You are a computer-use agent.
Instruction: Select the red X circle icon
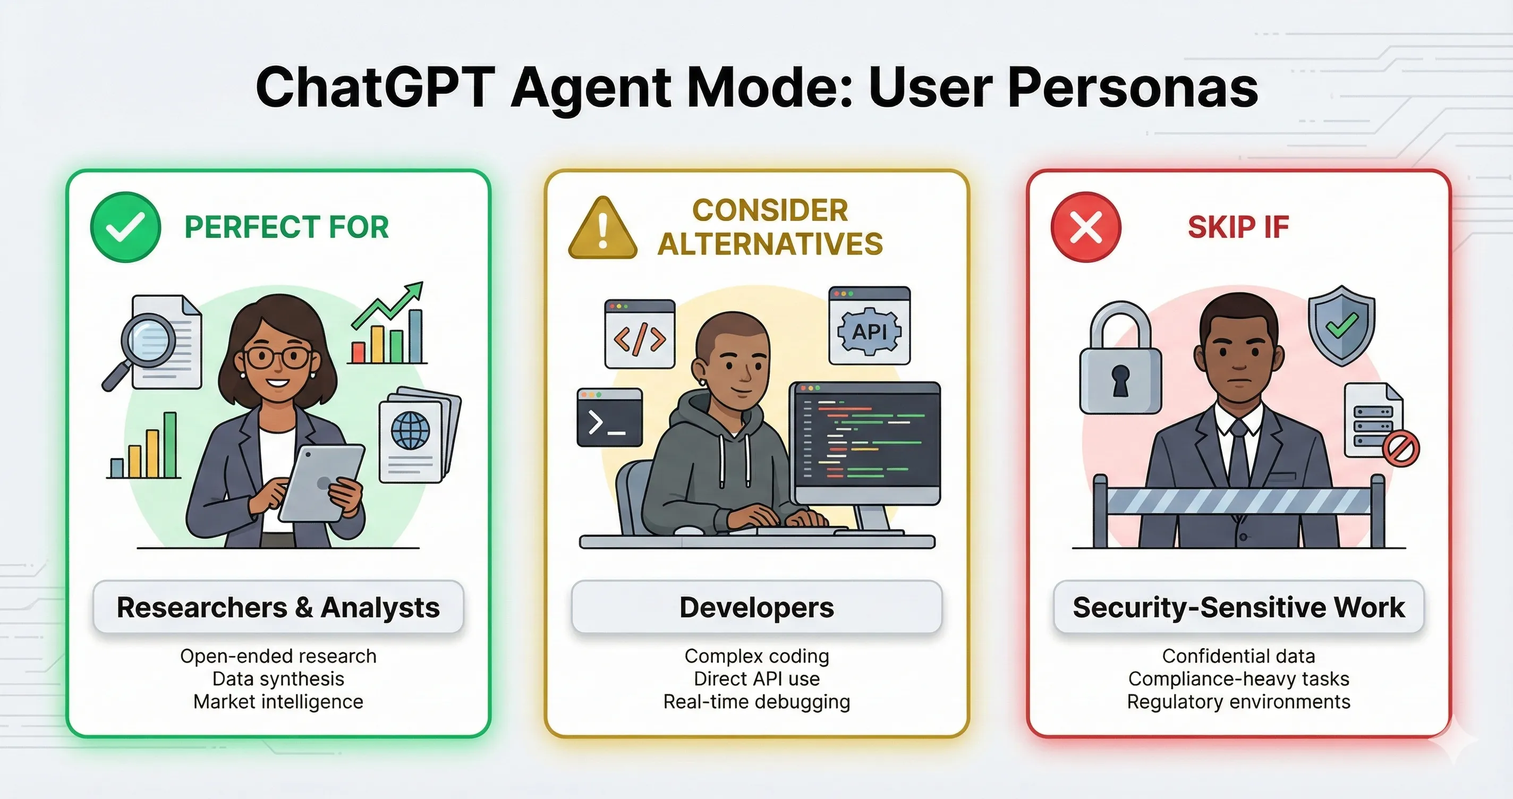pos(1085,227)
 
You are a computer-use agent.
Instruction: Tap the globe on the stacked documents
pos(410,431)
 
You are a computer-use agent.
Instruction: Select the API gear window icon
pos(869,326)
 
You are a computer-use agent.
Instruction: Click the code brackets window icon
pos(640,334)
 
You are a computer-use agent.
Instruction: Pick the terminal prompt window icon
pos(610,418)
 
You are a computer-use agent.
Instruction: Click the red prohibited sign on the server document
pos(1401,449)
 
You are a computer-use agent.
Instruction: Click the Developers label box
pos(756,607)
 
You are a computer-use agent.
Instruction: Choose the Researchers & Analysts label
pos(278,607)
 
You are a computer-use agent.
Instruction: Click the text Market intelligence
pos(278,701)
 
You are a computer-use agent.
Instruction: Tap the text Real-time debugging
pos(756,701)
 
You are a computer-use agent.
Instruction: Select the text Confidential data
pos(1238,656)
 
